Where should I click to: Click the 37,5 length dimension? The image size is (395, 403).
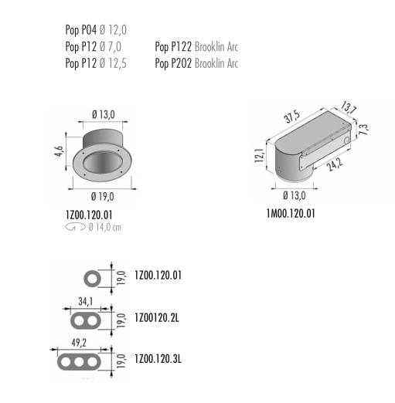(x=292, y=117)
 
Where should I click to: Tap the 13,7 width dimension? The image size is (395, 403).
(x=349, y=108)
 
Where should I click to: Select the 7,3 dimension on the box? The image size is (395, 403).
(x=364, y=129)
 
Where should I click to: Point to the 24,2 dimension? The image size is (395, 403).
(x=335, y=164)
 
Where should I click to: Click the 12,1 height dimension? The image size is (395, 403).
(x=259, y=155)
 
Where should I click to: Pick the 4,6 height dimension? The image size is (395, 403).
(x=59, y=151)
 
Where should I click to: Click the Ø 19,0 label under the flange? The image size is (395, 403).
(x=102, y=197)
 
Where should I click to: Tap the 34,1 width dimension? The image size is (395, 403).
(x=86, y=301)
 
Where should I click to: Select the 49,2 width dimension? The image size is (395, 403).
(x=79, y=343)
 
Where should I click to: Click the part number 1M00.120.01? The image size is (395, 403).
(x=291, y=214)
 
